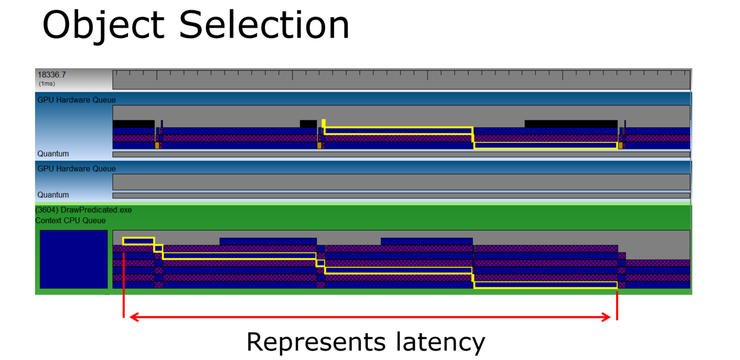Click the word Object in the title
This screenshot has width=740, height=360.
pos(104,26)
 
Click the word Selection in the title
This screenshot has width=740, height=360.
pos(264,24)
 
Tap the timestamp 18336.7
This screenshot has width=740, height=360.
pos(52,74)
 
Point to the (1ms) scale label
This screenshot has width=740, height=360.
pos(47,83)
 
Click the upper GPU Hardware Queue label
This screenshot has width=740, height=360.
pos(77,100)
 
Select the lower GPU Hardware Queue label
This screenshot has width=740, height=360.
pos(77,168)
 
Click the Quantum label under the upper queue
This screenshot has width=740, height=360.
pos(53,154)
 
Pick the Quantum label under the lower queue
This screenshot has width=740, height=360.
pos(53,195)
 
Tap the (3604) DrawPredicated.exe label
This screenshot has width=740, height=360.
pos(83,209)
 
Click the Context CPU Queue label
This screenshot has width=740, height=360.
pos(70,220)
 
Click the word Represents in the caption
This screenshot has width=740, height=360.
pos(316,342)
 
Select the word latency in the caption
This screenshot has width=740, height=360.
pos(441,342)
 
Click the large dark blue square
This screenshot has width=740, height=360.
pos(74,259)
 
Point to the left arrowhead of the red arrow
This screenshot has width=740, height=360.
pos(134,317)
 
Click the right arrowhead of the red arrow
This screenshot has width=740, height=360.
pos(606,317)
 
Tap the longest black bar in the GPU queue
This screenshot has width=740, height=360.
pos(571,124)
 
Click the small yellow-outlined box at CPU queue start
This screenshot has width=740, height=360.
pos(139,241)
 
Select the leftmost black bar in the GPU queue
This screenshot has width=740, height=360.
pos(133,124)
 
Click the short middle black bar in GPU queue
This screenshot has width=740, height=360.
pos(308,124)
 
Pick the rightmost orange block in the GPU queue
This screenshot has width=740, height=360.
pos(620,146)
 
